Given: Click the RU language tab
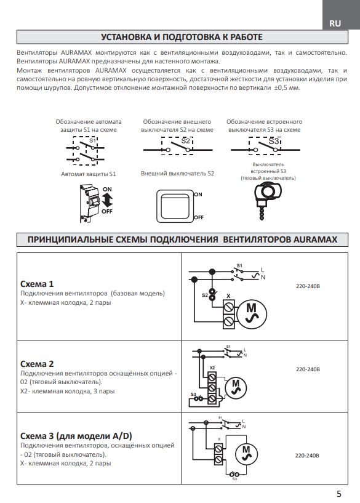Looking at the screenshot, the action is pyautogui.click(x=335, y=23).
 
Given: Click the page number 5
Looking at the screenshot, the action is pyautogui.click(x=339, y=494).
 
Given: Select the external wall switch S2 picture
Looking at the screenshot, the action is pyautogui.click(x=175, y=206).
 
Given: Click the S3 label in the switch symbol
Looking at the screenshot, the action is pyautogui.click(x=274, y=141).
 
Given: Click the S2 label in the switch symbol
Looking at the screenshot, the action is pyautogui.click(x=186, y=141).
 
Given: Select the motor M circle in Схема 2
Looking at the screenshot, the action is pyautogui.click(x=236, y=388).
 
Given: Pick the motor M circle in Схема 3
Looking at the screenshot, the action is pyautogui.click(x=246, y=454).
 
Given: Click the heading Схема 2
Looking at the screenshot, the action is pyautogui.click(x=37, y=364).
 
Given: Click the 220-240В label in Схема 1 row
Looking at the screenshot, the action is pyautogui.click(x=308, y=286).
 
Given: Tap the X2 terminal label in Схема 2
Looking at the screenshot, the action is pyautogui.click(x=212, y=368).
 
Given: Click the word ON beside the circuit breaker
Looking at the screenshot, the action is pyautogui.click(x=107, y=189).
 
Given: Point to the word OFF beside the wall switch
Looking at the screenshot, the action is pyautogui.click(x=199, y=217).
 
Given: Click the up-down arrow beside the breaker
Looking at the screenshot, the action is pyautogui.click(x=108, y=201).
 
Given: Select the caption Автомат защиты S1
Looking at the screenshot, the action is pyautogui.click(x=89, y=174).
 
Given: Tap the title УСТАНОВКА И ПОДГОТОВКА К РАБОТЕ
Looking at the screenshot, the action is pyautogui.click(x=182, y=37).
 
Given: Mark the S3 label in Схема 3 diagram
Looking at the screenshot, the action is pyautogui.click(x=234, y=478).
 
